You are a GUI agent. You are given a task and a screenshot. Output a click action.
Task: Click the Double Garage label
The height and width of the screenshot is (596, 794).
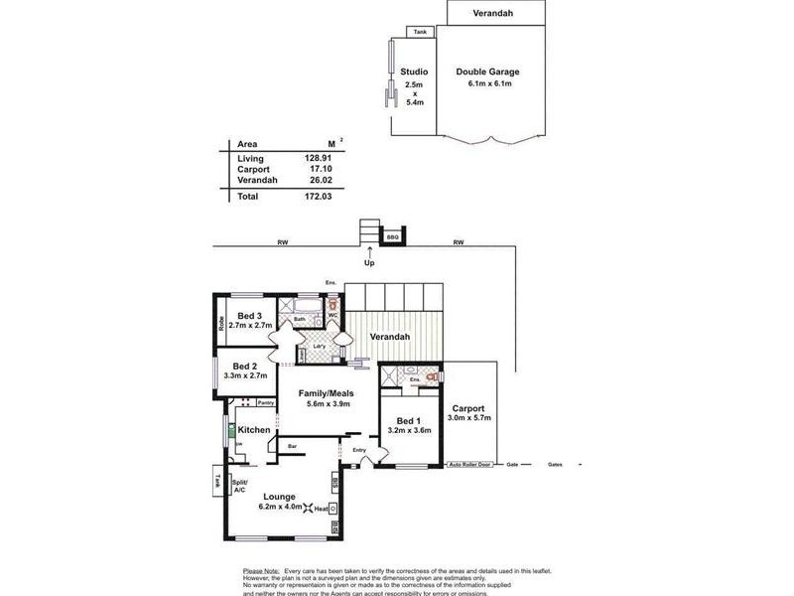coord(487,72)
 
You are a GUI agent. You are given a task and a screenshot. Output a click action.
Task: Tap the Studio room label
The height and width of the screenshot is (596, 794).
coord(414,72)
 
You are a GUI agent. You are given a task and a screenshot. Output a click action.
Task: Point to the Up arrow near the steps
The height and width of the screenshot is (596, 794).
coord(369,254)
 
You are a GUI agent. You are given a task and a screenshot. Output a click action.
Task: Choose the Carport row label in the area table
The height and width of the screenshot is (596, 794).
coord(254,169)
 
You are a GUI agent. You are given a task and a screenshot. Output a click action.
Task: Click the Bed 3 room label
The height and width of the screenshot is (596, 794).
coord(249,316)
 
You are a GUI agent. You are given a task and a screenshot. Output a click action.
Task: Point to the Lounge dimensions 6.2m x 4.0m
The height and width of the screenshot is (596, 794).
coord(280,507)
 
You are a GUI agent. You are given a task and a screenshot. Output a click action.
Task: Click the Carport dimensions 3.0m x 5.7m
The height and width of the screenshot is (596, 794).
coord(468,419)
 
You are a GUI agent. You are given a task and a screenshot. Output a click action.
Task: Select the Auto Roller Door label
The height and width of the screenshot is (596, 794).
coord(470,464)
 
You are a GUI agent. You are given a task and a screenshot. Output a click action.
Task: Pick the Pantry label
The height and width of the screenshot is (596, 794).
coord(265,402)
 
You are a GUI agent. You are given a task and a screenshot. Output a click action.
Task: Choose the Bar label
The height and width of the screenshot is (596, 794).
coord(292,447)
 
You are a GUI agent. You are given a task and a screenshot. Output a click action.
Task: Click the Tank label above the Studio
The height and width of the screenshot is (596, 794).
coord(420,32)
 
